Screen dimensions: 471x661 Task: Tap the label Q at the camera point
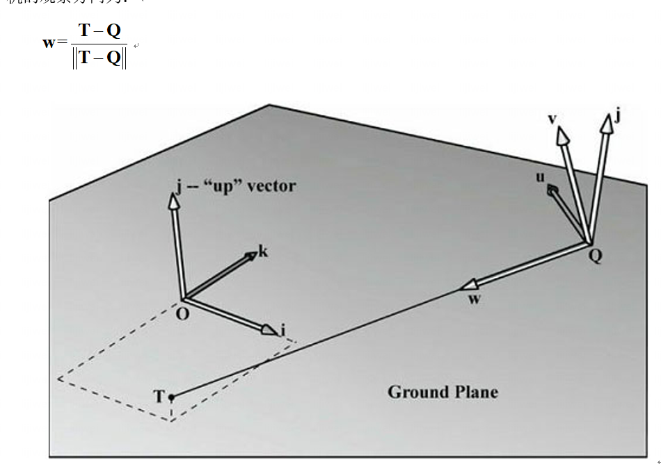click(x=596, y=256)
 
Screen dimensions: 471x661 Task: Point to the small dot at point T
click(x=171, y=397)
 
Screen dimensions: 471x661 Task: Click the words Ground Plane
click(x=443, y=392)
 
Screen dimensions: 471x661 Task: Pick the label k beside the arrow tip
click(x=263, y=251)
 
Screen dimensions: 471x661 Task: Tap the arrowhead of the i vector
click(x=269, y=330)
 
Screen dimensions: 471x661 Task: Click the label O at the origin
click(x=182, y=315)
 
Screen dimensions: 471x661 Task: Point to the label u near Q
click(x=540, y=177)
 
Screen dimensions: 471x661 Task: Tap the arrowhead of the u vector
click(x=552, y=189)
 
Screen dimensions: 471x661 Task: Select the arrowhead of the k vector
click(x=250, y=258)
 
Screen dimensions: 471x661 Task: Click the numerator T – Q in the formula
click(x=99, y=31)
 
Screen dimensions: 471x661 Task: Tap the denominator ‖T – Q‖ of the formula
click(x=99, y=58)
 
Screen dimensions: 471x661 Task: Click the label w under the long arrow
click(x=475, y=299)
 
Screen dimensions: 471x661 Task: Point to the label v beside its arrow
click(x=552, y=119)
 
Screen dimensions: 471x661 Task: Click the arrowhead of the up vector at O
click(x=172, y=201)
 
